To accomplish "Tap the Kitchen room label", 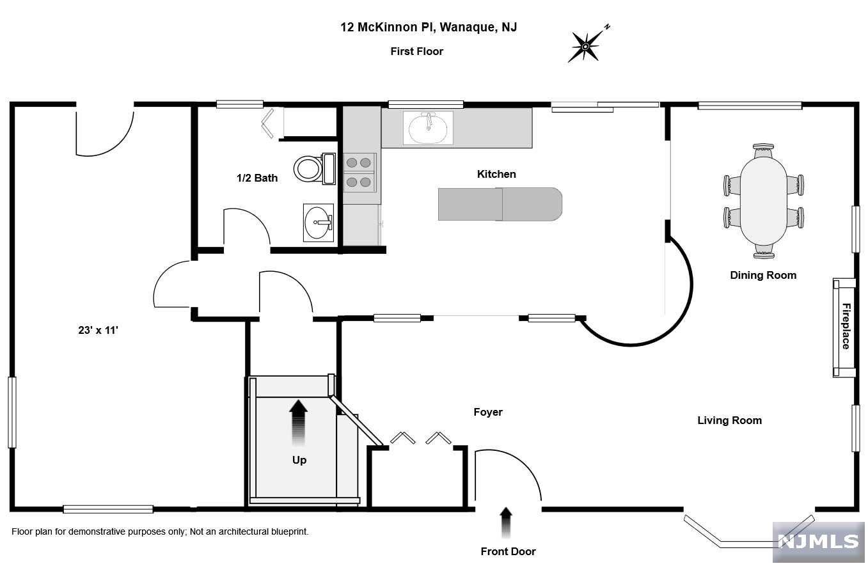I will coord(496,174).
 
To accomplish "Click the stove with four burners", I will coord(359,173).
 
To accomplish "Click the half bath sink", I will coord(318,223).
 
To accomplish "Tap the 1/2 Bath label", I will coord(256,178).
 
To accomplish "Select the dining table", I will coord(764,200).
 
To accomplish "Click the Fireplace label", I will coord(846,326).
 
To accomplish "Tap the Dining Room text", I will coord(763,275).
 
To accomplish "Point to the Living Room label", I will coord(729,420).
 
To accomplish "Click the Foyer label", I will coord(488,413).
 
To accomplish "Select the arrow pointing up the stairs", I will coord(298,422).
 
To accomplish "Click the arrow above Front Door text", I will coord(506,521).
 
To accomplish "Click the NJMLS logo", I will coord(818,542).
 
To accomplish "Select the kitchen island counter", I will coord(500,204).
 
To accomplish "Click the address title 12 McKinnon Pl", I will coord(429,27).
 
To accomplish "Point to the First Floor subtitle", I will coord(416,51).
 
